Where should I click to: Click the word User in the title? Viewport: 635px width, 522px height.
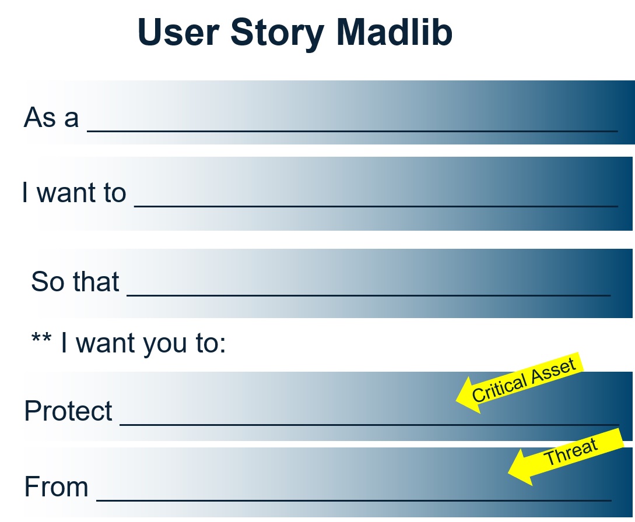(178, 32)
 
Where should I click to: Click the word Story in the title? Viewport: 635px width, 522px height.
(278, 34)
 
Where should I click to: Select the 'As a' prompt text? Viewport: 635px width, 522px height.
(51, 117)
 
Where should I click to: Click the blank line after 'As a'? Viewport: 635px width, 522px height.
(352, 130)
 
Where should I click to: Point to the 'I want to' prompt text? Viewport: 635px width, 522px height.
(74, 192)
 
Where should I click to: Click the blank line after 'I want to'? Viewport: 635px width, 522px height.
(376, 206)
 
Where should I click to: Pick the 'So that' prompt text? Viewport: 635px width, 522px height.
(75, 281)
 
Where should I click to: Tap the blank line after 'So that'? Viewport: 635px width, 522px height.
(369, 295)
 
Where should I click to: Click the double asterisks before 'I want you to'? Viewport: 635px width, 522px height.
(41, 338)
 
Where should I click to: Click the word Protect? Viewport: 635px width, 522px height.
(68, 411)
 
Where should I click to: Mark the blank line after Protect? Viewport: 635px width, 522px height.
(369, 425)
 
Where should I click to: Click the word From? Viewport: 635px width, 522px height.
(57, 486)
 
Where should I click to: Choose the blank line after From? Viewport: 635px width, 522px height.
(353, 500)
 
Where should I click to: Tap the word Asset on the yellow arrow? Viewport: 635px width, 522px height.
(553, 371)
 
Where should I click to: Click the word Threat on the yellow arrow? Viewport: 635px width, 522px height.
(571, 452)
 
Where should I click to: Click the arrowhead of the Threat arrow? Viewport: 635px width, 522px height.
(520, 468)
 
